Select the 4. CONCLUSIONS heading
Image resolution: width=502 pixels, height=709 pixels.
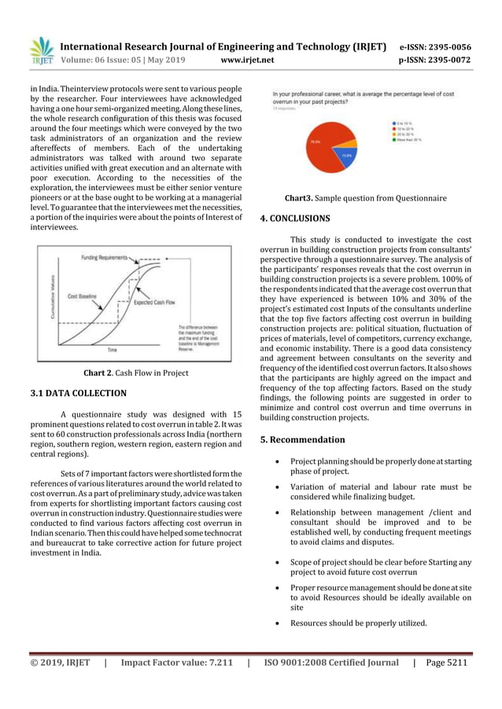pos(295,219)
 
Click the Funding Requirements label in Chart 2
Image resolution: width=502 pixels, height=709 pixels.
pos(105,258)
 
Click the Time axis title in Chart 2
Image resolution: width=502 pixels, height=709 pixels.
pos(113,349)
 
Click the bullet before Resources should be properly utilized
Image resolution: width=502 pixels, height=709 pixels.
pos(271,623)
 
